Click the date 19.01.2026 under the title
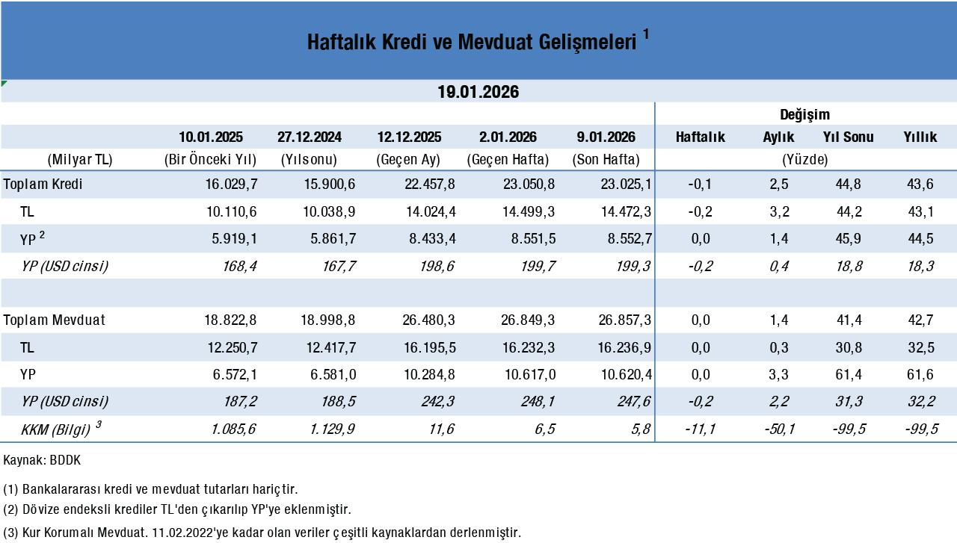(x=478, y=92)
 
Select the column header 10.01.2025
(x=211, y=137)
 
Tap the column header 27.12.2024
(x=310, y=137)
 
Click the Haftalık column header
(x=701, y=137)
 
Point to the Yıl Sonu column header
(x=849, y=137)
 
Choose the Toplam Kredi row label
(x=43, y=184)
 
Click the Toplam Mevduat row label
(x=55, y=320)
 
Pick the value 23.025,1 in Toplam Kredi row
(x=624, y=184)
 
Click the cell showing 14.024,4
(x=429, y=211)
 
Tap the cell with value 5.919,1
(x=231, y=239)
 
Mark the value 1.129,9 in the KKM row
(x=330, y=429)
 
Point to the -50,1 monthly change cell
(x=774, y=429)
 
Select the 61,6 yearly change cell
(x=920, y=374)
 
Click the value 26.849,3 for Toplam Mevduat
(x=526, y=320)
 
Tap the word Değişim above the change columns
(x=805, y=114)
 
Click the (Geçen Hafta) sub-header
(x=508, y=159)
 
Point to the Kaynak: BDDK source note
(x=42, y=460)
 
